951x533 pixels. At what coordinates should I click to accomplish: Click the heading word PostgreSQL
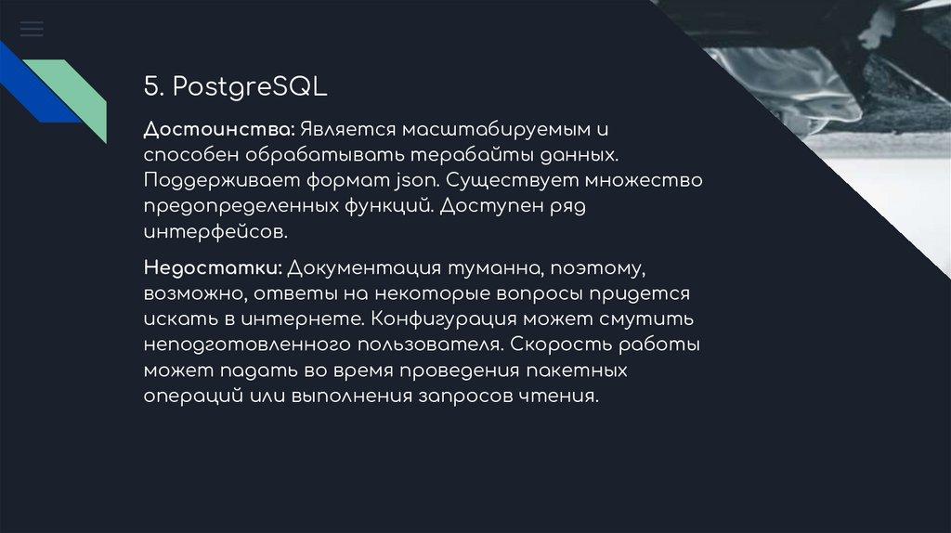[250, 87]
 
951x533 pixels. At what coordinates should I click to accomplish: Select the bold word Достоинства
[219, 129]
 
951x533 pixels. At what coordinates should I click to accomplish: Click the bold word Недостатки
[213, 267]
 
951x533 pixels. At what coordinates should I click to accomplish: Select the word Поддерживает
[222, 181]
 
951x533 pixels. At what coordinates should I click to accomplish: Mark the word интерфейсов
[215, 232]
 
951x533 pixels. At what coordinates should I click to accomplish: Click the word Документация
[364, 267]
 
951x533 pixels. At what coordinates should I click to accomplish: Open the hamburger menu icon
[32, 29]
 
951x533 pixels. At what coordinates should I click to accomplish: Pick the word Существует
[512, 181]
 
